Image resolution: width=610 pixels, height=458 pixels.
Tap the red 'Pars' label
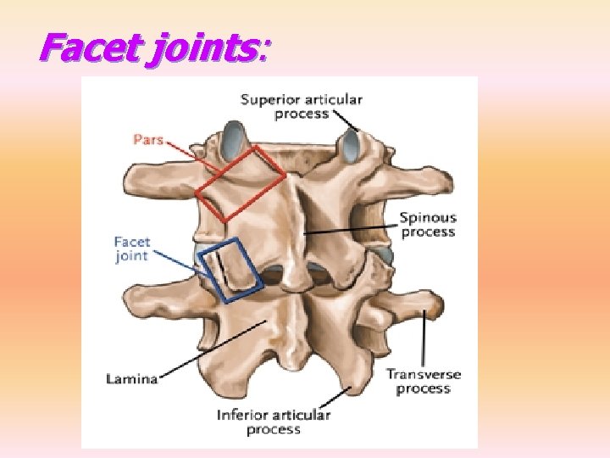pos(147,140)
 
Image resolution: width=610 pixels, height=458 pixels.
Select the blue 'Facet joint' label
pos(131,249)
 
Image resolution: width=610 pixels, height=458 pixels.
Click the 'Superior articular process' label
pos(301,106)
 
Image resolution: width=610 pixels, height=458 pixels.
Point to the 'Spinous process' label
pos(428,225)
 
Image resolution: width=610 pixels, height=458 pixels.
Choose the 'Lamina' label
pos(132,379)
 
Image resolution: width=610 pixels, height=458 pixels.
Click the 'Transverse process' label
pos(424,381)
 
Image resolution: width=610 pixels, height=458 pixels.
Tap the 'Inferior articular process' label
pos(274,422)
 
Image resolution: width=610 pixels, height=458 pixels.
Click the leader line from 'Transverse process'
pos(424,339)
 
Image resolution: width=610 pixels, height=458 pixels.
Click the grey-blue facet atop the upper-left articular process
pos(231,135)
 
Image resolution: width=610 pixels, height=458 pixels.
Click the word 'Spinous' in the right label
pos(428,218)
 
